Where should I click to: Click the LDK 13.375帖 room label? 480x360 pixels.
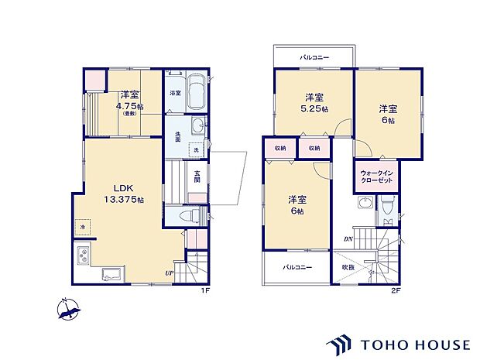pos(124,194)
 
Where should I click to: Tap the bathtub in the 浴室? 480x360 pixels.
pos(196,92)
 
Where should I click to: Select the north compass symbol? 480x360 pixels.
pos(69,309)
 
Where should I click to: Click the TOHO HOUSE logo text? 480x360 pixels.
pos(416,345)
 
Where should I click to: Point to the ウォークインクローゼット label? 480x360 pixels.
pos(376,177)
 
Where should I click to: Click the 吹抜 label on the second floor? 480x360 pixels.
pos(348,267)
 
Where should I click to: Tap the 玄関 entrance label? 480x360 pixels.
pos(197,177)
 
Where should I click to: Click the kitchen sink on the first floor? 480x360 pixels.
pos(113,273)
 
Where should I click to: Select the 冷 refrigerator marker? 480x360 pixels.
pos(83,227)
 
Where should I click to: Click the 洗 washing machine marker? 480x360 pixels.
pos(196,149)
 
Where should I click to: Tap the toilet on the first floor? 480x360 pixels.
pos(190,217)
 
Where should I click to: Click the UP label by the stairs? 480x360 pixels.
pos(170,273)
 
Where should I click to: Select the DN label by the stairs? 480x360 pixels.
pos(348,239)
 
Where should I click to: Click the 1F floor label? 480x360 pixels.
pos(205,290)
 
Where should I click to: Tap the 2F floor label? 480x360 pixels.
pos(396,290)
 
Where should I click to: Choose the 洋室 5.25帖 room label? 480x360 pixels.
pos(314,103)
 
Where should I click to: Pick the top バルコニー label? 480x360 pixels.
pos(314,57)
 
